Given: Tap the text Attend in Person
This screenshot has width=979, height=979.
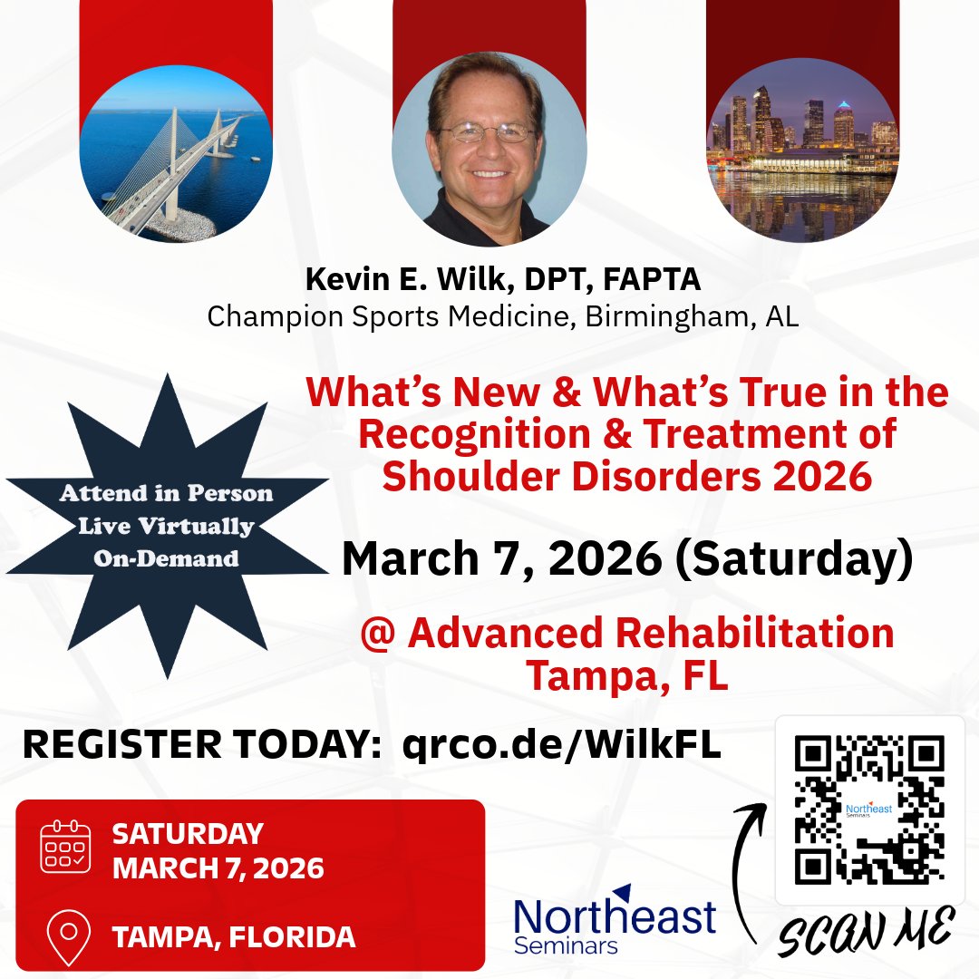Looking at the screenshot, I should [x=166, y=494].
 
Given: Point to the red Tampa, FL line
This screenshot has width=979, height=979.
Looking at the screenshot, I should [x=627, y=675].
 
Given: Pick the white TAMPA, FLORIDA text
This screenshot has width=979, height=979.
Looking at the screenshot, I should [x=233, y=937].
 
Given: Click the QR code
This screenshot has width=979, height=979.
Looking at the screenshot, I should [x=868, y=809].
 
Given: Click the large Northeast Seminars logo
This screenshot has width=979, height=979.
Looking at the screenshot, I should [x=615, y=919].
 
